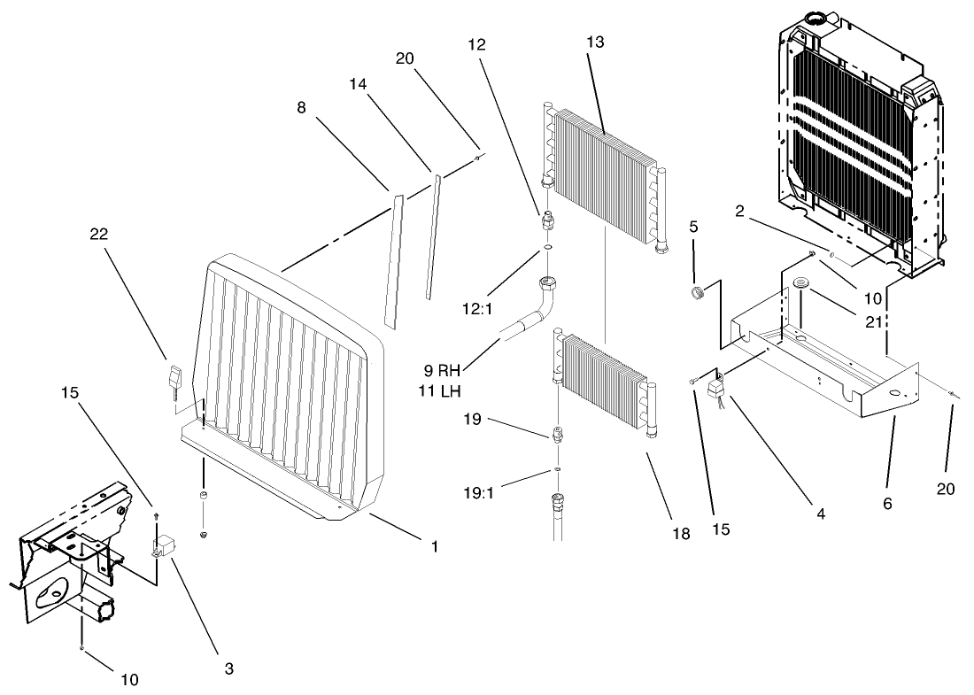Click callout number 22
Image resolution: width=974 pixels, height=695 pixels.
click(100, 235)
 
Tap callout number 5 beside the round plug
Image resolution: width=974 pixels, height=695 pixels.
click(694, 226)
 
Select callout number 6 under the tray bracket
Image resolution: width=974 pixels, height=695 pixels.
click(888, 505)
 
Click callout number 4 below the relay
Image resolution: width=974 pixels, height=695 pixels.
click(821, 512)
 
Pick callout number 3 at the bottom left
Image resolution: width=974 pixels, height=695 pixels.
click(228, 669)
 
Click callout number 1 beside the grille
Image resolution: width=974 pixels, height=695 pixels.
click(434, 547)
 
